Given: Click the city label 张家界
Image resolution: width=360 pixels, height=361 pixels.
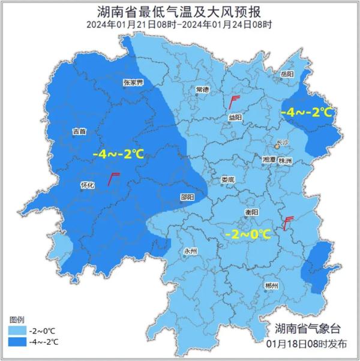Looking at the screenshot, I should [x=132, y=82].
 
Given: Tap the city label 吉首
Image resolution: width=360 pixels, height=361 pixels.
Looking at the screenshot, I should [x=79, y=131].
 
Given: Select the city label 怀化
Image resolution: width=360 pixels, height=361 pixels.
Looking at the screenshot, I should [x=88, y=185].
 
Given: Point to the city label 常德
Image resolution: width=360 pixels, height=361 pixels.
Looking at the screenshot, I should [x=202, y=89].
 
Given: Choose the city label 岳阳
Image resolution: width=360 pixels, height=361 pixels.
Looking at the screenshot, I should [x=287, y=74].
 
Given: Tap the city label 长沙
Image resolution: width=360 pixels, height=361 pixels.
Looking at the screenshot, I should [x=282, y=143].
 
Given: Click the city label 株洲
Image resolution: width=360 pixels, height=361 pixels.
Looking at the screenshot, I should [x=286, y=161].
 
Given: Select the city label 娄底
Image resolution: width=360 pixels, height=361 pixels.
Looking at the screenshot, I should [x=227, y=179].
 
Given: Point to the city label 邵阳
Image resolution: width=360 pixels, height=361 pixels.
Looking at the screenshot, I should [x=187, y=197].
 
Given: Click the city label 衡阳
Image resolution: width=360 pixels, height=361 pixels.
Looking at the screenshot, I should [x=251, y=212].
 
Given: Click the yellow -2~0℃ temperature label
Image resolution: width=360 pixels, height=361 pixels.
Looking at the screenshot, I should [x=247, y=234].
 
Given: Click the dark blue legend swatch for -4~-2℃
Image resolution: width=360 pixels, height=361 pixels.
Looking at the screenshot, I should [x=17, y=342].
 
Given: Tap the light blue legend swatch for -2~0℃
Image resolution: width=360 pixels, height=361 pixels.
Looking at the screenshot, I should [x=17, y=330].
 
